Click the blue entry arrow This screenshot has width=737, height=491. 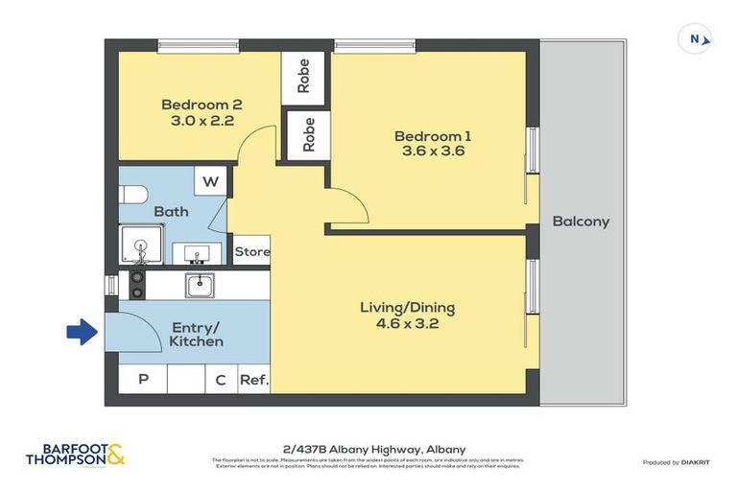click(x=81, y=333)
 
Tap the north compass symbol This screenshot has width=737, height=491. click(x=695, y=39)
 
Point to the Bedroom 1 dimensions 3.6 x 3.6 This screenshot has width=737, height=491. click(x=433, y=152)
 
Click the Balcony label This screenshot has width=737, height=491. click(x=581, y=222)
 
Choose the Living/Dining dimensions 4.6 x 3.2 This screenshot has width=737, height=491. click(x=407, y=324)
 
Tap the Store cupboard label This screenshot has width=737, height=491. click(x=252, y=252)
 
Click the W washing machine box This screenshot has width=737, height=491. click(x=210, y=180)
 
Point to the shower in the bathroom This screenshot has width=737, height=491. click(x=141, y=245)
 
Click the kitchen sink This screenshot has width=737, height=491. click(x=201, y=284)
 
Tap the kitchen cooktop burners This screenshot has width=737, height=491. click(x=136, y=284)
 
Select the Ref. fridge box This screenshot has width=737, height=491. click(x=254, y=380)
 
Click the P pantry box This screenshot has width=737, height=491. click(x=143, y=380)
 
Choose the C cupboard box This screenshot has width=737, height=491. click(x=220, y=380)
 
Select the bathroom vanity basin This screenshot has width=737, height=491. click(x=196, y=254)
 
